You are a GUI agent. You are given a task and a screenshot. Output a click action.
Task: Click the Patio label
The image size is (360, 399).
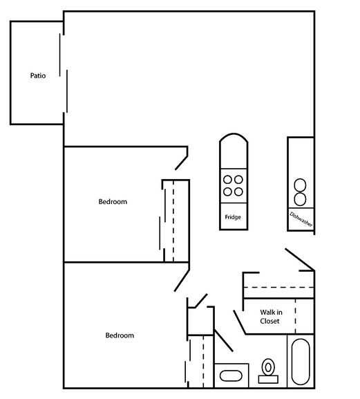click(x=38, y=75)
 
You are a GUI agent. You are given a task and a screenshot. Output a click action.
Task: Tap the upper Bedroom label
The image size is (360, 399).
click(x=113, y=202)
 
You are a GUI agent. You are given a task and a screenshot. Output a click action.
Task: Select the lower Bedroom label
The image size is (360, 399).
click(x=119, y=335)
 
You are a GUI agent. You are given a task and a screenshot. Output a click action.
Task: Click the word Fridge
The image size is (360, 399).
click(x=233, y=217)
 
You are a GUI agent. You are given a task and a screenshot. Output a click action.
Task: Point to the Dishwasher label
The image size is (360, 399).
click(x=301, y=219)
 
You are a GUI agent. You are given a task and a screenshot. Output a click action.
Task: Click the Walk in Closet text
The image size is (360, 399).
click(x=269, y=316)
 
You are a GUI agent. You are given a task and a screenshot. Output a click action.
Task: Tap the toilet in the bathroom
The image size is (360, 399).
click(x=267, y=366)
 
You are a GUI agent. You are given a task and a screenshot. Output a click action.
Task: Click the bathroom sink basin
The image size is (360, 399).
click(x=229, y=377)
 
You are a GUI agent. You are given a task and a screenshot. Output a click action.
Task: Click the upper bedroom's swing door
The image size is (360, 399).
click(x=182, y=158)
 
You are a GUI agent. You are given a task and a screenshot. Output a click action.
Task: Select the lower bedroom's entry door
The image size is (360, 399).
click(x=183, y=279)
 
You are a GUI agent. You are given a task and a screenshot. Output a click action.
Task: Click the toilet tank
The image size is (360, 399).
click(x=267, y=378)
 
